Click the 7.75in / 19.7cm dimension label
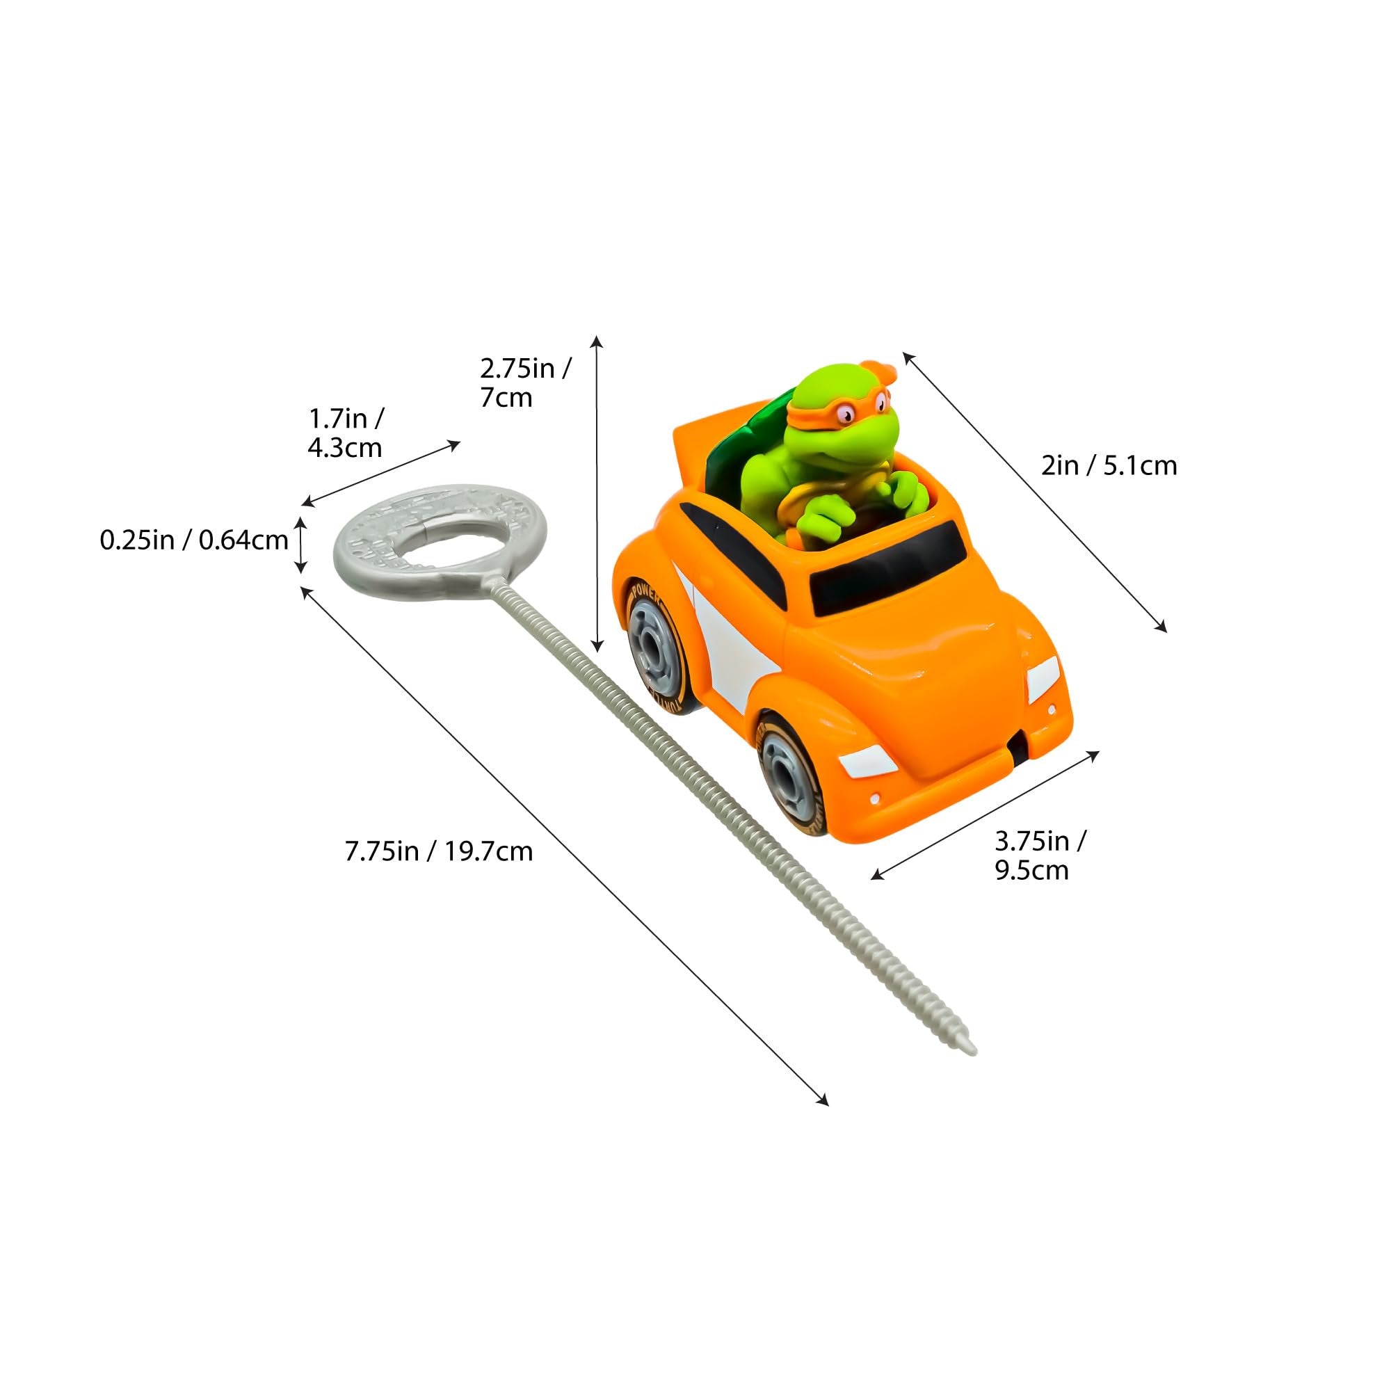438,852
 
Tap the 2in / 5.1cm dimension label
1109,466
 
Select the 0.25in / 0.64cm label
195,540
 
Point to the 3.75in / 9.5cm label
1040,855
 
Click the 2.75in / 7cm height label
526,383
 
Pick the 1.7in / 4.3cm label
346,433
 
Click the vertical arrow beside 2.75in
597,493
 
